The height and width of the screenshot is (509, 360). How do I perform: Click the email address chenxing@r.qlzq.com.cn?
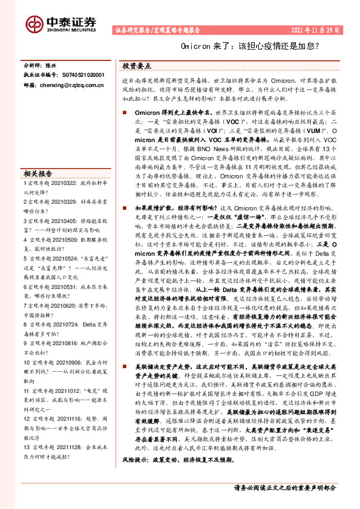click(73, 86)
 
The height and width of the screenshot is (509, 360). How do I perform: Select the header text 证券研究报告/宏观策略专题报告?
click(159, 29)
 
